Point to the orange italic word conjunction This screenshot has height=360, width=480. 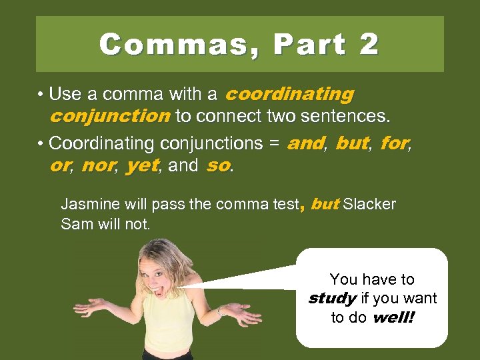click(110, 117)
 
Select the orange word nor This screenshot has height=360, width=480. click(97, 165)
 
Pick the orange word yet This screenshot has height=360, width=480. click(142, 165)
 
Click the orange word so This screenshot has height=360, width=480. click(217, 165)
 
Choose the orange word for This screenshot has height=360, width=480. click(393, 143)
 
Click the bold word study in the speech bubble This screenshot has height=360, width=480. click(331, 298)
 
